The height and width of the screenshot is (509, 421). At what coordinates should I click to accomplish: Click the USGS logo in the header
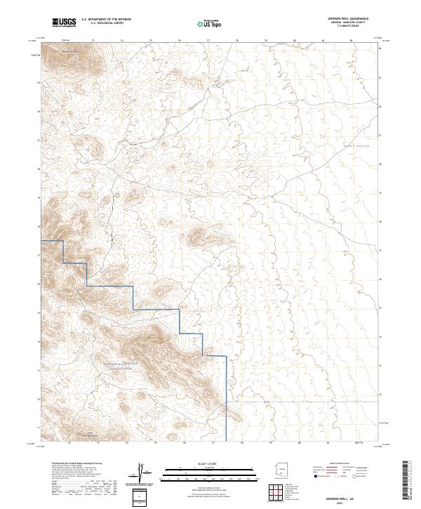coord(64,23)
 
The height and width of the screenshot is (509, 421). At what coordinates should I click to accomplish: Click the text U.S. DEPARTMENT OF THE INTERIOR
coord(106,20)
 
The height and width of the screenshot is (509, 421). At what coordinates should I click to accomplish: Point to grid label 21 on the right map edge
coord(380,134)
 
